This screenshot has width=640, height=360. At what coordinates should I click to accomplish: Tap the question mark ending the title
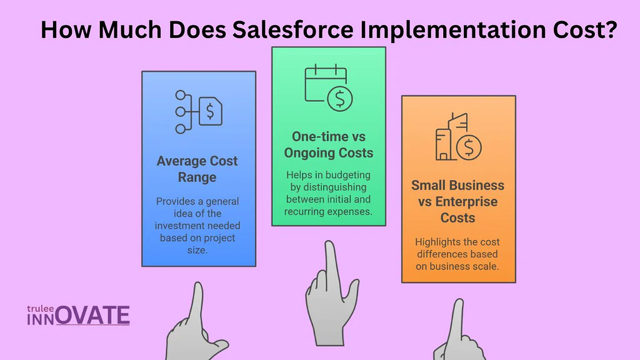click(611, 29)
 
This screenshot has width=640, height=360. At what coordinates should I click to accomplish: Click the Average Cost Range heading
click(197, 169)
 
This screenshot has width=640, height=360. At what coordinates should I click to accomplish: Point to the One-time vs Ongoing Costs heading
click(329, 144)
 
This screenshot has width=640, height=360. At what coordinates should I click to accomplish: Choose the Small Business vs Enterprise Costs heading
click(457, 201)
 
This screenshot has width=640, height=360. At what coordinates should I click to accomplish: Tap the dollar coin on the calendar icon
click(339, 99)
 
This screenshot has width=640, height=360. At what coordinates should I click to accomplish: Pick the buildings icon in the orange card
click(451, 137)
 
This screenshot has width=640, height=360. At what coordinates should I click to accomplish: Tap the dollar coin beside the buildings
click(469, 147)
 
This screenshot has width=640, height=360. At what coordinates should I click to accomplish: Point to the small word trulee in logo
click(41, 309)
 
